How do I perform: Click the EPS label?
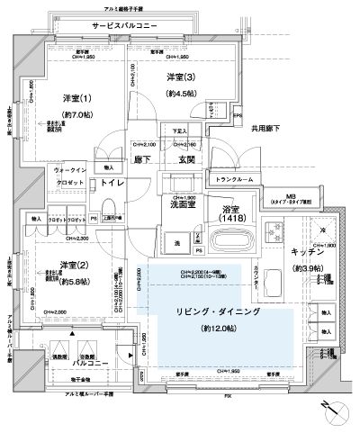pyautogui.click(x=238, y=115)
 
